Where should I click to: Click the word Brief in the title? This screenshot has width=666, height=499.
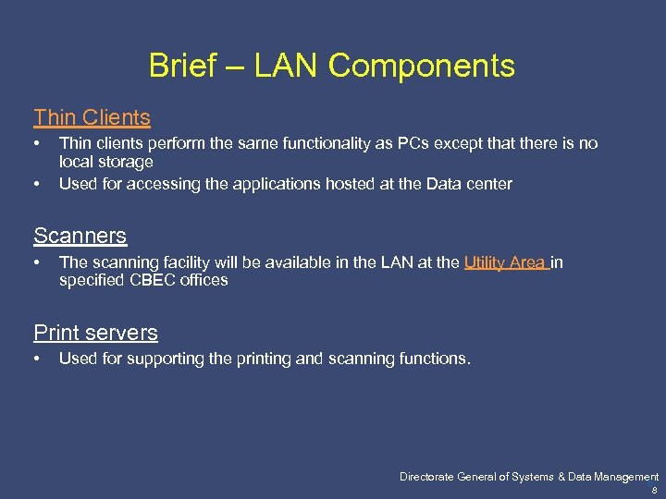[x=183, y=66]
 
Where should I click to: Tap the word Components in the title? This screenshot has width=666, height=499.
[x=421, y=66]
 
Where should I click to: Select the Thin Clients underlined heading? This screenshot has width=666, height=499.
[x=92, y=117]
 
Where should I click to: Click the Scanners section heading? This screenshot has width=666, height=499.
[x=80, y=236]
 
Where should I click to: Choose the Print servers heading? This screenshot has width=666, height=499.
[x=95, y=333]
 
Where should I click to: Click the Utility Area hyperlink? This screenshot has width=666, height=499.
[x=505, y=262]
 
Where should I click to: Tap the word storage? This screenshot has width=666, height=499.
[x=124, y=162]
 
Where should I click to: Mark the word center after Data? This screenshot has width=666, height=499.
[x=487, y=184]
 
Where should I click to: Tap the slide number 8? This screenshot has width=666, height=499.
[x=655, y=492]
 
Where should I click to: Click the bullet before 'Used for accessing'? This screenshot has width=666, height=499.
[x=37, y=184]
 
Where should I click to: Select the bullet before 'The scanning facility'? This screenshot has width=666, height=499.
[x=37, y=262]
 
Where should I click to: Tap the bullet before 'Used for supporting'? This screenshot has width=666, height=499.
[x=37, y=359]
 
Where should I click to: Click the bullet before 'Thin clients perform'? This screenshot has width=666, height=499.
[x=37, y=143]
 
